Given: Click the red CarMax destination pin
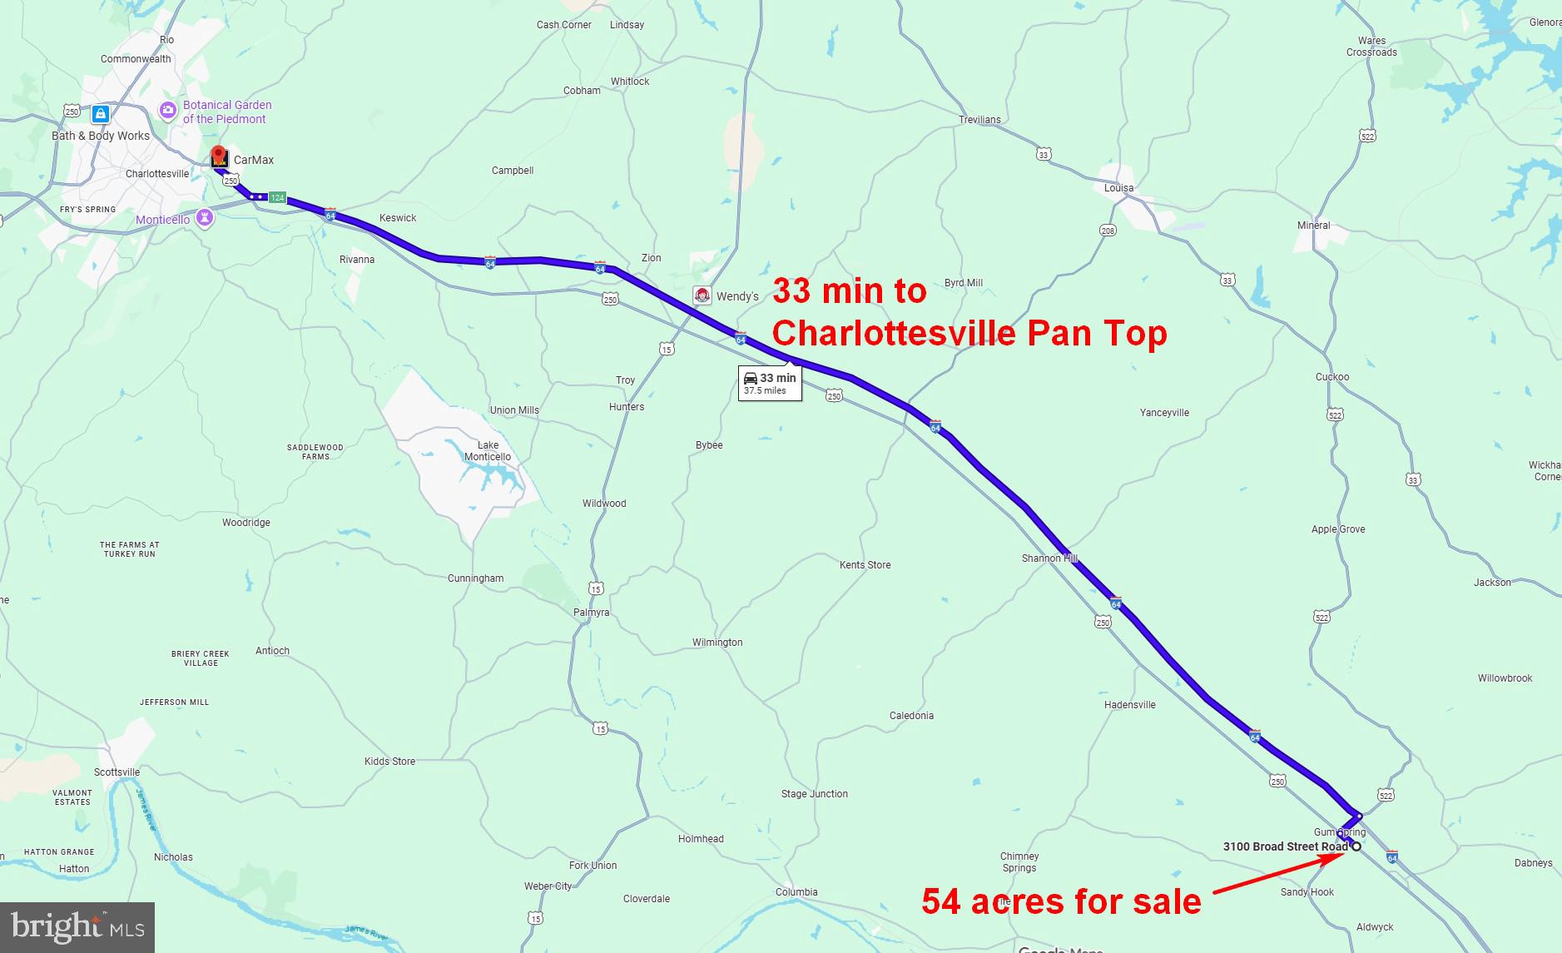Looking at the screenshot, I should (219, 156).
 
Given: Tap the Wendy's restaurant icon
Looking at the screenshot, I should (702, 296).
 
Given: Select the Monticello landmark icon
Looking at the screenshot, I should (205, 218).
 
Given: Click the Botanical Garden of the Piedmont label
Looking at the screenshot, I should (226, 112).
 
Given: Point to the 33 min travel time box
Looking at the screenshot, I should (770, 383).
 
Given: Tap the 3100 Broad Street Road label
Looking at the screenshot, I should (1284, 846).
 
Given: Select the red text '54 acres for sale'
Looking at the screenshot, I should (1061, 901).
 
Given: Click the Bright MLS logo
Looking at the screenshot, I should (77, 927).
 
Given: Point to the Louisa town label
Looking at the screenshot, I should (1118, 187).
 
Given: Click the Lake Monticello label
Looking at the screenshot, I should (488, 450).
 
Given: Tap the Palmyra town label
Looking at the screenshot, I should (591, 613).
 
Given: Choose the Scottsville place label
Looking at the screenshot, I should (117, 772).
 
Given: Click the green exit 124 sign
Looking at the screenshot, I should (277, 198).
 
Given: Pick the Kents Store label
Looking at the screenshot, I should (865, 564).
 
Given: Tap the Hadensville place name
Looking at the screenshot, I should (1129, 704).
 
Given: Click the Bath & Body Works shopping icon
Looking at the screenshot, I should (101, 114).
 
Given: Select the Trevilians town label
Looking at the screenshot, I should (979, 119).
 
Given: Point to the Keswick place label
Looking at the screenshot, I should (398, 218).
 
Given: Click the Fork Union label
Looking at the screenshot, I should (593, 866).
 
